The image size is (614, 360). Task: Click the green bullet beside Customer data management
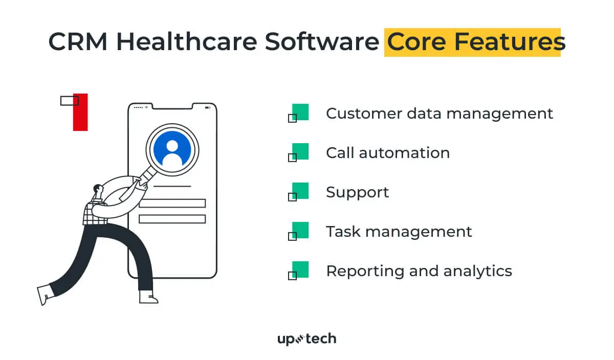pyautogui.click(x=300, y=112)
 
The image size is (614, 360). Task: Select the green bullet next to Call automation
pyautogui.click(x=300, y=152)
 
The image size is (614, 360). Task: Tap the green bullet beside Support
pyautogui.click(x=300, y=191)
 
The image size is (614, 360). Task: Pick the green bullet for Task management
pyautogui.click(x=300, y=230)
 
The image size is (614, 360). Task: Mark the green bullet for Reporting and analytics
pyautogui.click(x=300, y=269)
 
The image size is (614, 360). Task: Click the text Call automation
pyautogui.click(x=387, y=152)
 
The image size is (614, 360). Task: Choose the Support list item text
pyautogui.click(x=357, y=192)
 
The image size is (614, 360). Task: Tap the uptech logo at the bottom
pyautogui.click(x=306, y=339)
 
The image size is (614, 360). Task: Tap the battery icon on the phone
pyautogui.click(x=207, y=107)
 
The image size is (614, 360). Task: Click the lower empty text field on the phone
pyautogui.click(x=172, y=219)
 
